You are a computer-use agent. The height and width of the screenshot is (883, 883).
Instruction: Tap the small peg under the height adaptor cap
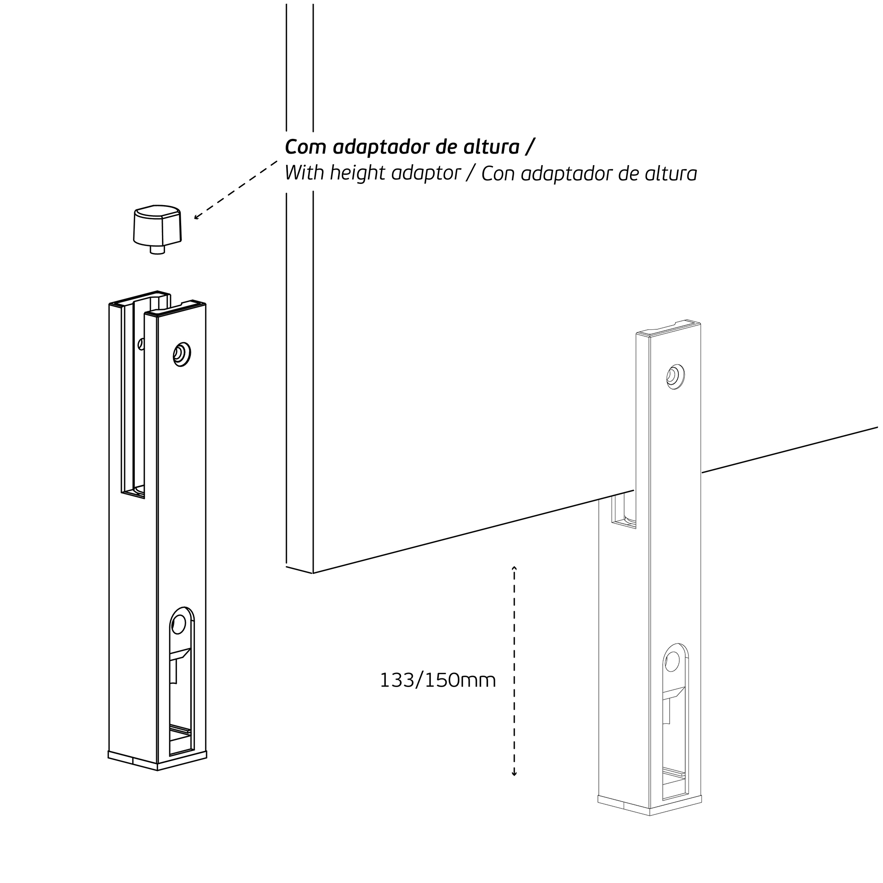pyautogui.click(x=157, y=250)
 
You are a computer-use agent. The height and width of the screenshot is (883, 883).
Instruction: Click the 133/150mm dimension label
pyautogui.click(x=438, y=681)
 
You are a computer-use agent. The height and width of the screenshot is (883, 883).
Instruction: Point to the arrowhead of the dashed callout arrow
pyautogui.click(x=196, y=217)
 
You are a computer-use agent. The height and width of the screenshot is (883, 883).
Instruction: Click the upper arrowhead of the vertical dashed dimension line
pyautogui.click(x=514, y=569)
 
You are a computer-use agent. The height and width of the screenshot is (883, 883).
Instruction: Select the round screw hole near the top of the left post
pyautogui.click(x=182, y=354)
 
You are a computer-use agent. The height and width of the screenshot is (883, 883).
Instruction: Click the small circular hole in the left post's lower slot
pyautogui.click(x=178, y=625)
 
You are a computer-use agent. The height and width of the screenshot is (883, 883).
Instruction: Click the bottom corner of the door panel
pyautogui.click(x=313, y=573)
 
